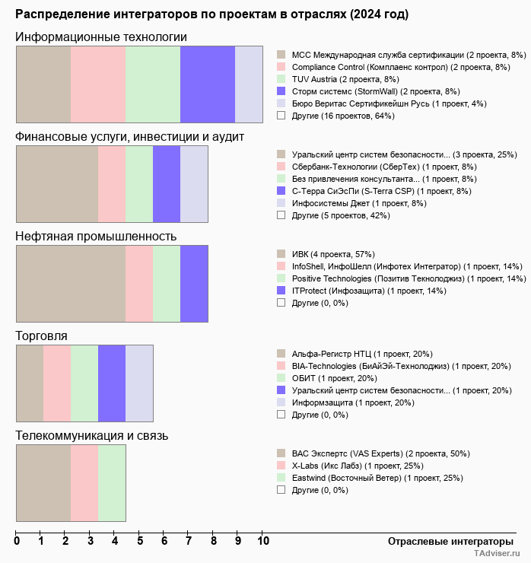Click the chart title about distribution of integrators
(x=211, y=14)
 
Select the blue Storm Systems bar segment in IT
(x=208, y=84)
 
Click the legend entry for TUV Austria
(x=345, y=79)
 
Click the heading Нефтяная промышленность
(x=96, y=237)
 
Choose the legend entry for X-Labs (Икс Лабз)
(x=358, y=466)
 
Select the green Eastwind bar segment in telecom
(x=112, y=483)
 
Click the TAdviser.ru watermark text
(x=497, y=555)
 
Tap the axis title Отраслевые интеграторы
(x=446, y=541)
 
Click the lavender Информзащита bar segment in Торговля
(x=139, y=383)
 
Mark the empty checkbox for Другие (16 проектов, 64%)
(x=281, y=116)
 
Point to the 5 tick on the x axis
(x=140, y=542)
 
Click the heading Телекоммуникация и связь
(x=92, y=436)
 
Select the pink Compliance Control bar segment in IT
(x=98, y=84)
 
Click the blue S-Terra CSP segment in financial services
(x=167, y=183)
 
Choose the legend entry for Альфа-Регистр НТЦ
(x=362, y=354)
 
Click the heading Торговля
(x=42, y=336)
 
